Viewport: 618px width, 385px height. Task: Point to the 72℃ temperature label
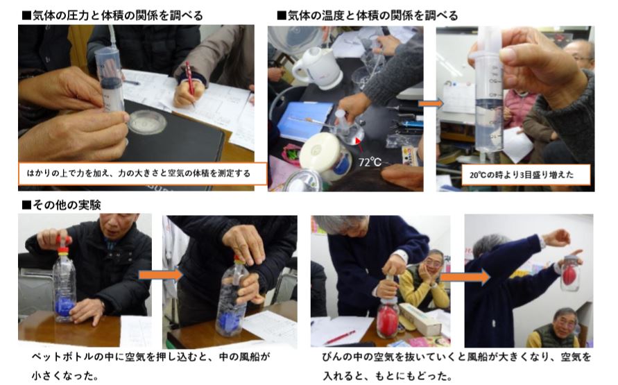pos(370,162)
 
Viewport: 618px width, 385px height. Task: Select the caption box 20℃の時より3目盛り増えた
pos(526,175)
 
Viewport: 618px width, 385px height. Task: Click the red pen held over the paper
pos(190,80)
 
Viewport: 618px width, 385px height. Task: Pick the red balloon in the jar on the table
pos(387,322)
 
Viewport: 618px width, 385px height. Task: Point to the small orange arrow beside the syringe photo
pos(431,103)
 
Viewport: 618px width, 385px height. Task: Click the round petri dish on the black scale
pos(147,122)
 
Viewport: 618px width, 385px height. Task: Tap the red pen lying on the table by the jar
pos(340,337)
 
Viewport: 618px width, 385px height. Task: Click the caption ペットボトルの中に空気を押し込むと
pos(151,357)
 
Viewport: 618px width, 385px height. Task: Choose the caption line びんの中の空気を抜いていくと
pos(456,357)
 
